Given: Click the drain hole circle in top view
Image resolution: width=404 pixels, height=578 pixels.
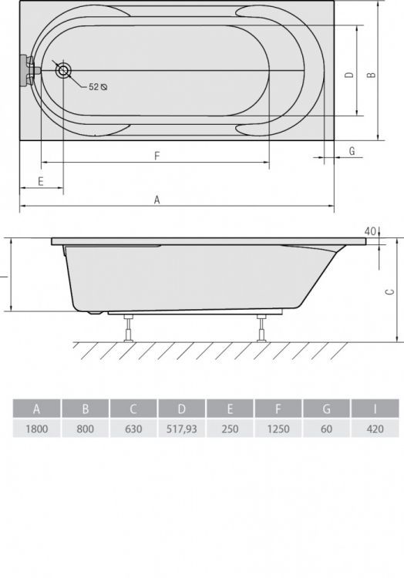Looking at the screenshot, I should point(63,71).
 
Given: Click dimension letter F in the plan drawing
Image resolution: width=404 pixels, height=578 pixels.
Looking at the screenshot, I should point(157,156).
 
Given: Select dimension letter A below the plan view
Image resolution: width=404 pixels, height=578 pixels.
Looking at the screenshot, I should point(157,200).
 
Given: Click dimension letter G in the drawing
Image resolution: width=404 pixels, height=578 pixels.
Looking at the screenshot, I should point(352,151).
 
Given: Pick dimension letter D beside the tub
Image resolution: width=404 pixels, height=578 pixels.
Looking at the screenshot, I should point(349,75).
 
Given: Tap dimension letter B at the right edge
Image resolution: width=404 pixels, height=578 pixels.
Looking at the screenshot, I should point(370,75).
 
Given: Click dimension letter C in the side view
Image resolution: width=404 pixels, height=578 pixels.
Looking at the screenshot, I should point(390,291).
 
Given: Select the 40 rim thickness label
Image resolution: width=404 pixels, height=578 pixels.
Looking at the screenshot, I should point(370,231).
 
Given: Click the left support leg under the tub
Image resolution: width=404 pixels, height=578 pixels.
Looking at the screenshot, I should point(128,327).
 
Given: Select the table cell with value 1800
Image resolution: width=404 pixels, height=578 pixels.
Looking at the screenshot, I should point(36,428).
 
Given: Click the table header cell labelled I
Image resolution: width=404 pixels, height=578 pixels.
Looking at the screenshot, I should point(375,408).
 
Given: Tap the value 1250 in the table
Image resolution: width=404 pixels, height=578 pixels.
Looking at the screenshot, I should point(278,428).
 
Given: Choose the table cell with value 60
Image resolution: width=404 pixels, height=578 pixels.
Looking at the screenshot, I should point(326,428).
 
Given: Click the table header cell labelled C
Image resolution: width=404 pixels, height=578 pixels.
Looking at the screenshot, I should point(133,408).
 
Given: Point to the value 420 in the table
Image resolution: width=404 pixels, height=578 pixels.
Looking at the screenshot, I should point(375,428).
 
